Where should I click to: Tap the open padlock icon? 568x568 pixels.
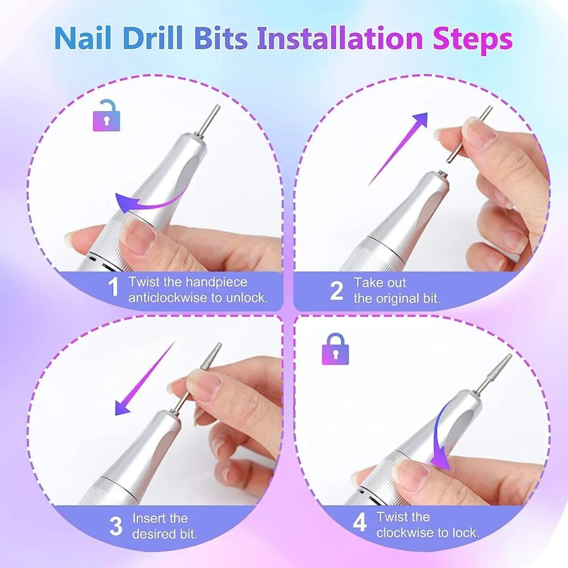106,116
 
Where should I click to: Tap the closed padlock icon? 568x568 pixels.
335,349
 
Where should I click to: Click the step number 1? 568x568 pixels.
113,288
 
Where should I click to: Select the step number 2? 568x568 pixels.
336,291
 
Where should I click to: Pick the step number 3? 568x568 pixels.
116,526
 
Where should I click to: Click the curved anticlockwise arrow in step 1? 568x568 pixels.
147,201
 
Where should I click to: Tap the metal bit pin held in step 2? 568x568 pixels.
466,135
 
